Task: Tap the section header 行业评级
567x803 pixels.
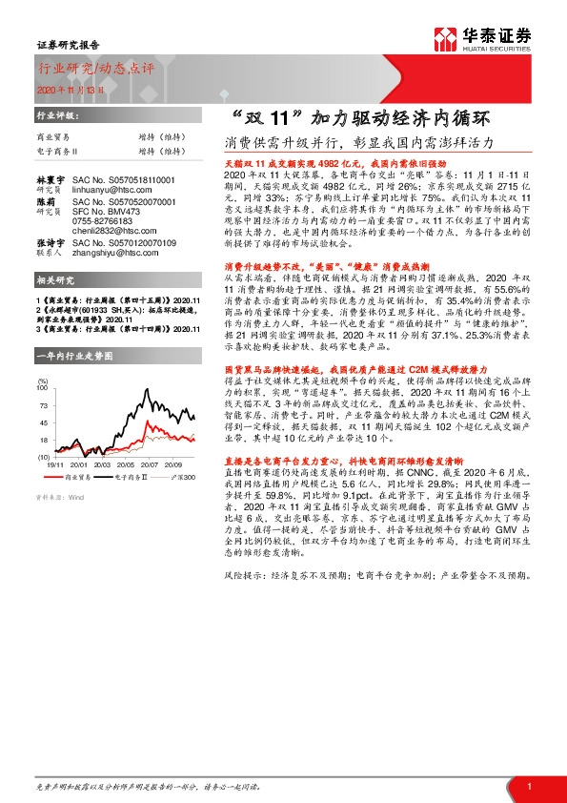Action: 53,113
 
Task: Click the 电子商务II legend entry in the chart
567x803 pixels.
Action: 120,474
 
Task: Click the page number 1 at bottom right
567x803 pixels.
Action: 528,786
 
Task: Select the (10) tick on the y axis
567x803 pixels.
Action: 43,456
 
